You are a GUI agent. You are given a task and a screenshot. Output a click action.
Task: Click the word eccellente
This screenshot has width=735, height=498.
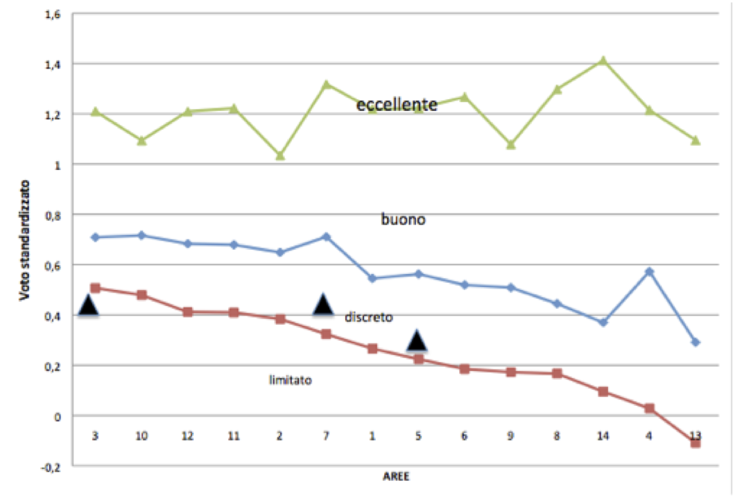pyautogui.click(x=397, y=104)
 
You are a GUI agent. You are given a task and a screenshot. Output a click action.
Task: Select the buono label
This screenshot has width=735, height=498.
pyautogui.click(x=403, y=219)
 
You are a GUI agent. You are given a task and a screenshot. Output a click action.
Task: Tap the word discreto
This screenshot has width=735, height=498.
pyautogui.click(x=368, y=317)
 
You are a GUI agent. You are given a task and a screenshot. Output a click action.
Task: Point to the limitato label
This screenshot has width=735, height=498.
pyautogui.click(x=290, y=380)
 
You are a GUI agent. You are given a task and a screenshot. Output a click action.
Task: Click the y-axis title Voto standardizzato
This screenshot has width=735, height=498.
pyautogui.click(x=24, y=240)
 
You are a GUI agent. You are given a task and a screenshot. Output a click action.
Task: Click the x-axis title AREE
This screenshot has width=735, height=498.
pyautogui.click(x=396, y=476)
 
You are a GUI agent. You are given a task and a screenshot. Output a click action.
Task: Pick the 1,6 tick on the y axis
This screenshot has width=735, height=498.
pyautogui.click(x=53, y=15)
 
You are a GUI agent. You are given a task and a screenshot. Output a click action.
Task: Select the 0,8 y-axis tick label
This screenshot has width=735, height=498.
pyautogui.click(x=53, y=216)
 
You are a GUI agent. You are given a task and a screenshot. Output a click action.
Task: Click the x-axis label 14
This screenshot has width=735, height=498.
pyautogui.click(x=603, y=436)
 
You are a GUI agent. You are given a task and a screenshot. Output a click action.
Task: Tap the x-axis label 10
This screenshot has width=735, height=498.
pyautogui.click(x=141, y=436)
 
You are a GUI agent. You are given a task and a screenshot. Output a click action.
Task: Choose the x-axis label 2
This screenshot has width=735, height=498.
pyautogui.click(x=280, y=436)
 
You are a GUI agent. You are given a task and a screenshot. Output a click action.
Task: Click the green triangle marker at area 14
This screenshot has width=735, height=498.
pyautogui.click(x=603, y=60)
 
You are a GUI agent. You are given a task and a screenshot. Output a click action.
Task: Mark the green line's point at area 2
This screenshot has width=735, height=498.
pyautogui.click(x=280, y=155)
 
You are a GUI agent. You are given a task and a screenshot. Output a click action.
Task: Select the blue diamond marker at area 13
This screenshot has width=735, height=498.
pyautogui.click(x=695, y=343)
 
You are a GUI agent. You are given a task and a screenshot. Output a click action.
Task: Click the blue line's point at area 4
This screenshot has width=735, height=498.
pyautogui.click(x=649, y=271)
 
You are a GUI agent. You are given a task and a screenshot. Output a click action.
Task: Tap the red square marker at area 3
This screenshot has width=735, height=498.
pyautogui.click(x=95, y=288)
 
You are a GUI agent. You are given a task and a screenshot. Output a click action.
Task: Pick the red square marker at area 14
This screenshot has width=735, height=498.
pyautogui.click(x=603, y=392)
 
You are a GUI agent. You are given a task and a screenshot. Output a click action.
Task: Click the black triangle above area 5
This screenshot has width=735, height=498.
pyautogui.click(x=417, y=341)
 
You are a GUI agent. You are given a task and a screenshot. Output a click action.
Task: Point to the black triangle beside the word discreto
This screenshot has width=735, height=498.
pyautogui.click(x=323, y=304)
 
